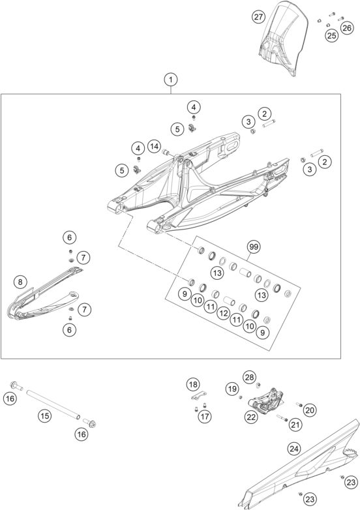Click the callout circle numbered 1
170,80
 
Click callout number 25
332,35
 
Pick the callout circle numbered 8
21,282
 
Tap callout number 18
192,384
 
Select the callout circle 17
205,415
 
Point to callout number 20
309,410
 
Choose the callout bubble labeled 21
295,425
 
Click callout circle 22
250,417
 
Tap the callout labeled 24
295,449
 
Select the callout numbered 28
250,377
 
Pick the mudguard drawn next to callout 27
281,39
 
